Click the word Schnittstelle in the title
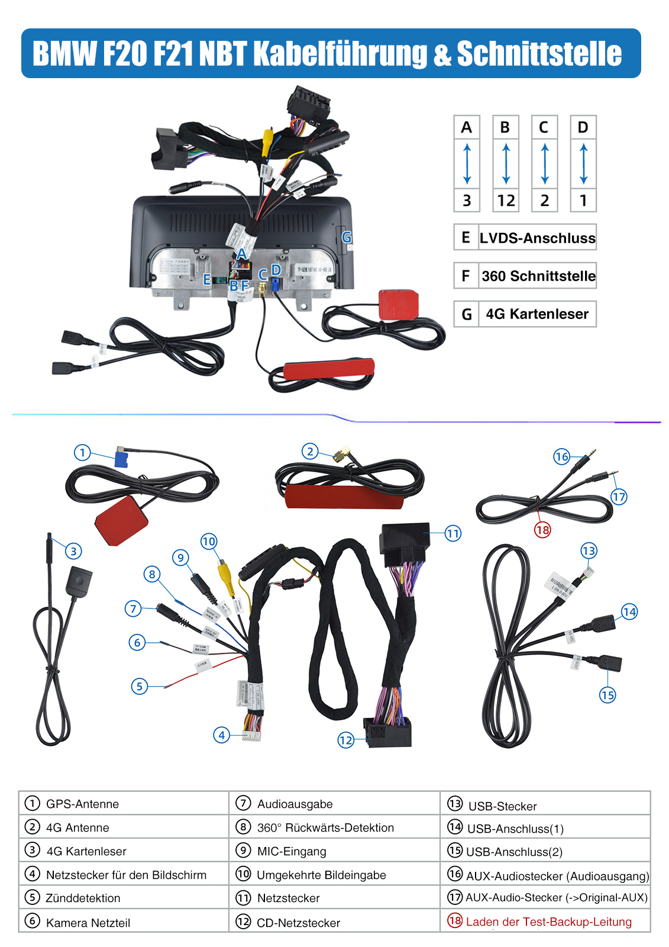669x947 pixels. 539,54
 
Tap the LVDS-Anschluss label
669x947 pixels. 537,238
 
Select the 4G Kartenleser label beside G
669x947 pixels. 537,314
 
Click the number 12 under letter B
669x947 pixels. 506,201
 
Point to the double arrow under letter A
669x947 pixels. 467,164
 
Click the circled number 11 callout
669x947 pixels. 453,533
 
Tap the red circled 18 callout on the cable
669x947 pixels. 542,529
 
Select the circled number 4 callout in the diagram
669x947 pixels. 221,735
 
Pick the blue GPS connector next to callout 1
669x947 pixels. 121,459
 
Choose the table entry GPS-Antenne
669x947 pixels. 82,804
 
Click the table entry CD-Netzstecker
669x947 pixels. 298,923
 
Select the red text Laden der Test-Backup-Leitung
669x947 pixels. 548,922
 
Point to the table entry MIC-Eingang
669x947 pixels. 292,851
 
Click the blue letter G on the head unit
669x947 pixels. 347,237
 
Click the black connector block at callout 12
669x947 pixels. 387,733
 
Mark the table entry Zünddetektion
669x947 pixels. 83,898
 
